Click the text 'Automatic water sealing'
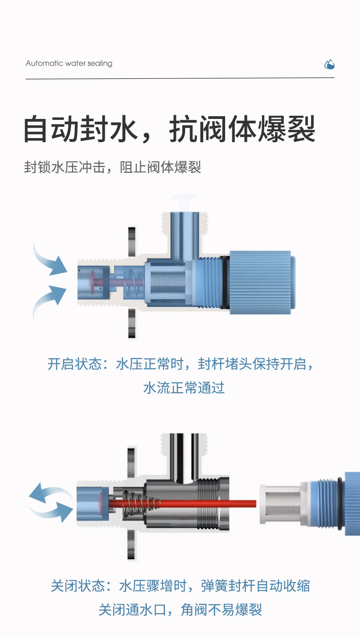click(x=69, y=63)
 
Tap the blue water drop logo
click(x=329, y=65)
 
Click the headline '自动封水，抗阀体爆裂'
click(x=170, y=129)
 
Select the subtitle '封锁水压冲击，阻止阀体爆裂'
click(x=113, y=167)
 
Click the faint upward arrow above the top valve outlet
click(x=184, y=201)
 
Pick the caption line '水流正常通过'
click(x=184, y=388)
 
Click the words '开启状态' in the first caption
click(x=74, y=364)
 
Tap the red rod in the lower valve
click(x=182, y=504)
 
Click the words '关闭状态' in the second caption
click(x=78, y=586)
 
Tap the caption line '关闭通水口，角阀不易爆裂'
click(x=180, y=610)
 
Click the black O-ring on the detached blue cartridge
click(x=340, y=504)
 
